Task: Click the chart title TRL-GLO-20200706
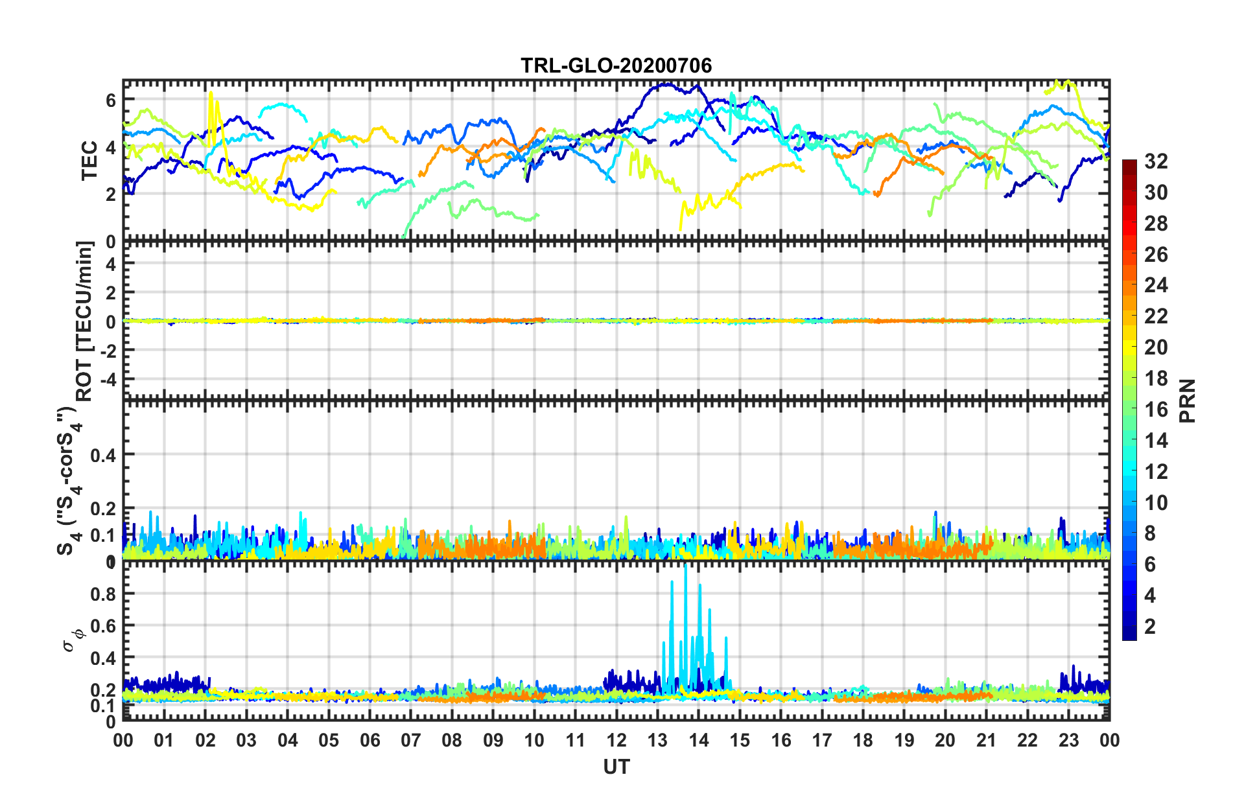pyautogui.click(x=616, y=65)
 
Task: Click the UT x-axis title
pyautogui.click(x=616, y=767)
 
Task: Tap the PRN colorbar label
pyautogui.click(x=1188, y=400)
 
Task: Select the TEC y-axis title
pyautogui.click(x=89, y=160)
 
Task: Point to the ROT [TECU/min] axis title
pyautogui.click(x=84, y=321)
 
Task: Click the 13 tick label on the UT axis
pyautogui.click(x=657, y=740)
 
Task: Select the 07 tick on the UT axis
pyautogui.click(x=410, y=740)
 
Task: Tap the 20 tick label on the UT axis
pyautogui.click(x=945, y=740)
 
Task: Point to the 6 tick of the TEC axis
pyautogui.click(x=111, y=100)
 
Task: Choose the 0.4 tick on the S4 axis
pyautogui.click(x=103, y=455)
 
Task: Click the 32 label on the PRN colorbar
pyautogui.click(x=1155, y=161)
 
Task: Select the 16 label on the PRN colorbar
pyautogui.click(x=1155, y=410)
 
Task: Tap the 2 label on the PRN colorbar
pyautogui.click(x=1150, y=627)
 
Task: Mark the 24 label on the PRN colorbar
pyautogui.click(x=1155, y=285)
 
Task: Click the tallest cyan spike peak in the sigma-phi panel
pyautogui.click(x=686, y=566)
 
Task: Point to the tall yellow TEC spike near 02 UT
pyautogui.click(x=211, y=94)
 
